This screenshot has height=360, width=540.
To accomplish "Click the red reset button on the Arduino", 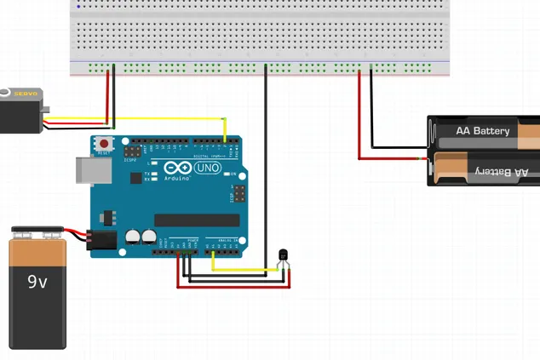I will (x=104, y=144).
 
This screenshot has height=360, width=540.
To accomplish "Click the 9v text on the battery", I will (x=37, y=281).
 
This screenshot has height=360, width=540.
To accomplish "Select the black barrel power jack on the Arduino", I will (x=104, y=241).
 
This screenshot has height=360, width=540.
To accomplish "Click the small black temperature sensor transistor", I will (x=284, y=254).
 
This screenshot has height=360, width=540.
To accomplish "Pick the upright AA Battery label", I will (x=483, y=131).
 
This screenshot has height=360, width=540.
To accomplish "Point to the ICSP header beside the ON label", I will (x=239, y=194).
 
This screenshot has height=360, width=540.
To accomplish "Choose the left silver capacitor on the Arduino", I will (x=134, y=237).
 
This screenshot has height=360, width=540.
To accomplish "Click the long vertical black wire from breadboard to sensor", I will (x=266, y=170).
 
